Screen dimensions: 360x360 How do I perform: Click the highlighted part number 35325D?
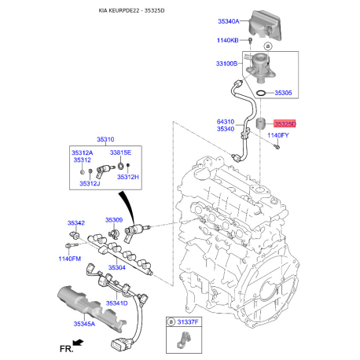[285, 123]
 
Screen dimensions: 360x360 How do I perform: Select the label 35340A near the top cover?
[229, 21]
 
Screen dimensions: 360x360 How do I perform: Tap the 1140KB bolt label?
[227, 40]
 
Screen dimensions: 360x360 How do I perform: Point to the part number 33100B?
[226, 64]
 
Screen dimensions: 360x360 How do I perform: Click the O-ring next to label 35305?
[261, 93]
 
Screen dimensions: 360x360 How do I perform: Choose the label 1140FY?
[278, 135]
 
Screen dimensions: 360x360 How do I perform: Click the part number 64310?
[226, 122]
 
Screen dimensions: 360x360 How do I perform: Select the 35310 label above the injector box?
[105, 139]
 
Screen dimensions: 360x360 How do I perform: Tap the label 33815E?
[120, 152]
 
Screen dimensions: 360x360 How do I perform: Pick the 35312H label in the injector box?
[128, 177]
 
